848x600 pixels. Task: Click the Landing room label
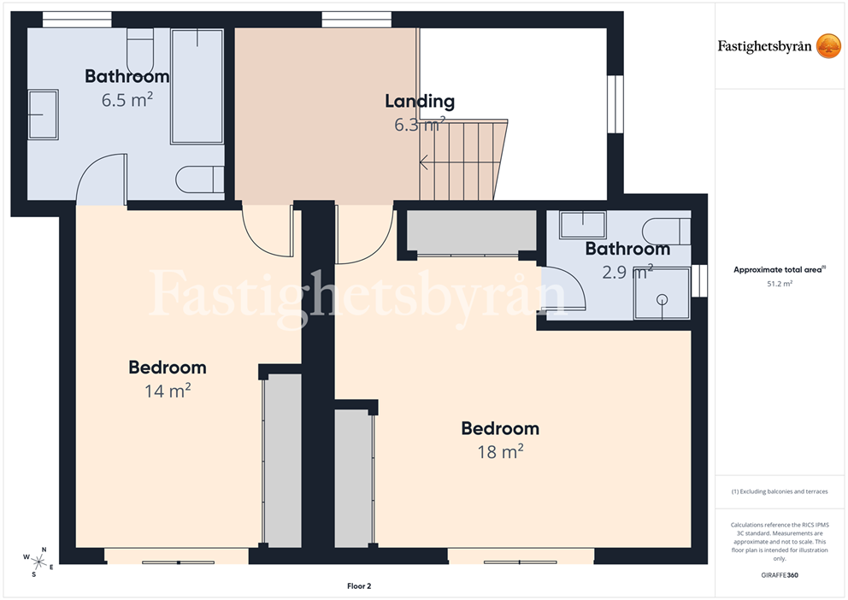tap(420, 101)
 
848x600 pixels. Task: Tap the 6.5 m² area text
tap(127, 100)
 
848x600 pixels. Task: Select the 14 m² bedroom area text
tap(168, 391)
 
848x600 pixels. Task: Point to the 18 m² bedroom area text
tap(500, 451)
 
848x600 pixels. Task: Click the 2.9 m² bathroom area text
tap(627, 271)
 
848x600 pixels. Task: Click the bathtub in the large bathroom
tap(197, 86)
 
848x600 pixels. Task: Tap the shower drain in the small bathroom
tap(662, 299)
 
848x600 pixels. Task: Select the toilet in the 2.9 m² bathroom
tap(666, 232)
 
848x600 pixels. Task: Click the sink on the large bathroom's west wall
tap(44, 115)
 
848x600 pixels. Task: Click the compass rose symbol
tap(38, 562)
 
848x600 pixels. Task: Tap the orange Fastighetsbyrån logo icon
tap(828, 46)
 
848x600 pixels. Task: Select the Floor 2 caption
tap(359, 586)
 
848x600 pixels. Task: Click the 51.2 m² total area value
tap(780, 284)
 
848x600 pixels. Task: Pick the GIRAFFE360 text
tap(780, 574)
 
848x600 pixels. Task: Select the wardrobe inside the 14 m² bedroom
tap(282, 459)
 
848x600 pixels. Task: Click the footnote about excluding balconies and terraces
tap(780, 491)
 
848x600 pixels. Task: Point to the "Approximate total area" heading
tap(780, 269)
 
